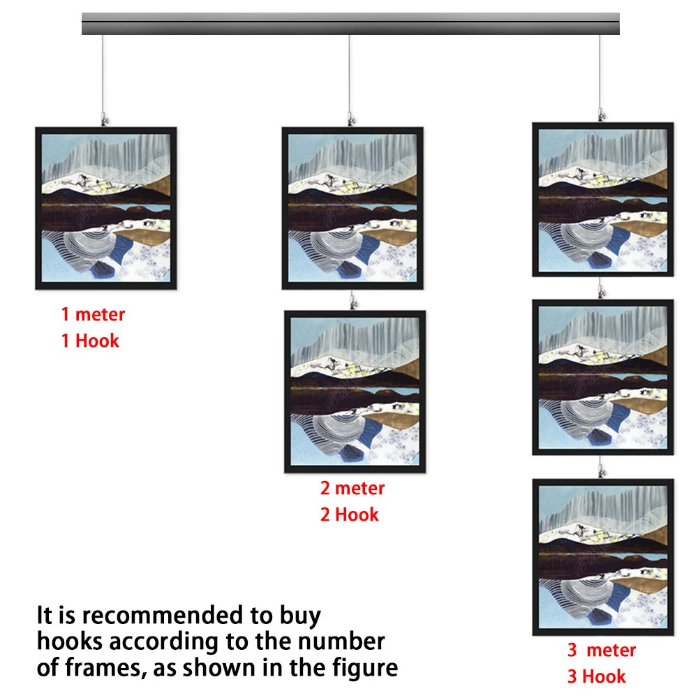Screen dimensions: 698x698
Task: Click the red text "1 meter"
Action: (93, 314)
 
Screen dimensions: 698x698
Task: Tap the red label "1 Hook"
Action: (90, 341)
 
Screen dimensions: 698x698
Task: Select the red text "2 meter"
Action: (352, 489)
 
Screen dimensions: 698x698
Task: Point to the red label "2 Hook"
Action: (350, 514)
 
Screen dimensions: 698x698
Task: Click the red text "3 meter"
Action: (602, 651)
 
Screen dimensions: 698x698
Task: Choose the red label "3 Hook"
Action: (597, 676)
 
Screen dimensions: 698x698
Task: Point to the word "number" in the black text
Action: (341, 641)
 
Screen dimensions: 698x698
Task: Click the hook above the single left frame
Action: (104, 119)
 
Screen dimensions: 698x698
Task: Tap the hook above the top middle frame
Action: (351, 119)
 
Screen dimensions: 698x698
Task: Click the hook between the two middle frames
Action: (354, 302)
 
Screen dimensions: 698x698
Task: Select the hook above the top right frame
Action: (602, 115)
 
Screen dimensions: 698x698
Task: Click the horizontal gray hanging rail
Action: (351, 24)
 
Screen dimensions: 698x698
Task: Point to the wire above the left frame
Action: (103, 73)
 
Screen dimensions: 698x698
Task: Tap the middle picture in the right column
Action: (603, 377)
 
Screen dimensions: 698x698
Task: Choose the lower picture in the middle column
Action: (355, 392)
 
